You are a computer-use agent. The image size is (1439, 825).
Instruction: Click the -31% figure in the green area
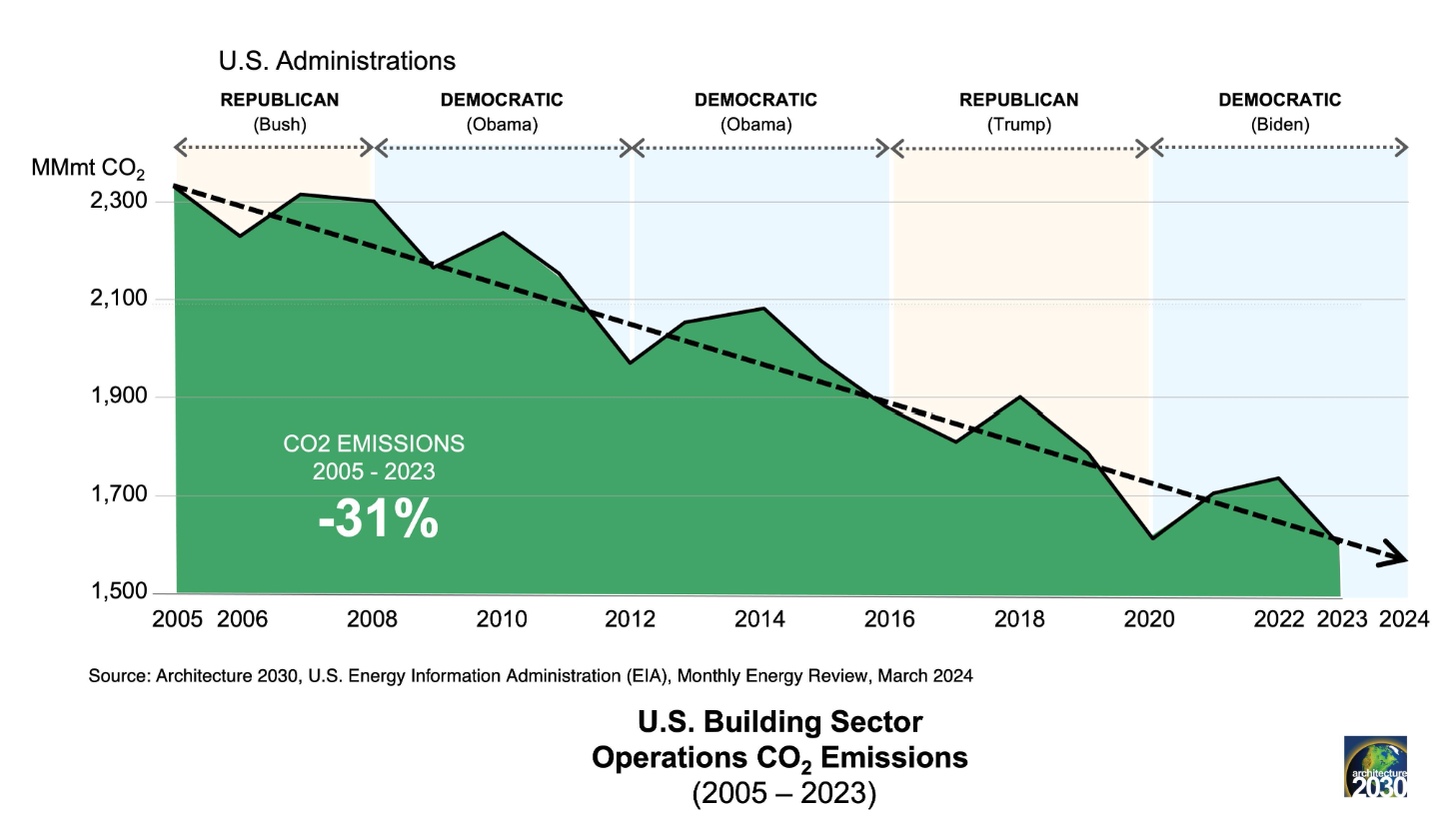(379, 518)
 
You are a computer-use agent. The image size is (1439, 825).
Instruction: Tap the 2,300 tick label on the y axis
(119, 201)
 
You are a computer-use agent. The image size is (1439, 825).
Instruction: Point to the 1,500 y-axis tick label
(119, 591)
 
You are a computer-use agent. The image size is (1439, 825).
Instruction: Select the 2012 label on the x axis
(631, 619)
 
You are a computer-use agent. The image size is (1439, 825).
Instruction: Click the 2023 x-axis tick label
(1342, 619)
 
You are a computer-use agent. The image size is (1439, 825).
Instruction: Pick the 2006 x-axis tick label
(242, 619)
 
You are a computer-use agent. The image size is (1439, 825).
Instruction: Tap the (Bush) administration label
(280, 124)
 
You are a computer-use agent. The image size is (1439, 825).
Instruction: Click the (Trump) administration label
(1019, 124)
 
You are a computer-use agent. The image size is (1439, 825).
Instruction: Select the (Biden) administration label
(1280, 124)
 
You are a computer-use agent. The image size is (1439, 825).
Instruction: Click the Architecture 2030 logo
(1375, 767)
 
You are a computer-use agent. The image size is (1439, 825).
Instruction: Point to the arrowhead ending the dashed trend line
(1394, 555)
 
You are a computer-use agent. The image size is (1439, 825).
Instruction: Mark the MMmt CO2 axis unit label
(88, 169)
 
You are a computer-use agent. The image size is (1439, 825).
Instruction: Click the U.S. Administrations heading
(337, 61)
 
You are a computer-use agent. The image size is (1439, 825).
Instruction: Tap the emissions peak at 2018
(1020, 397)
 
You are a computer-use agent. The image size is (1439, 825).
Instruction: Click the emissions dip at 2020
(1153, 538)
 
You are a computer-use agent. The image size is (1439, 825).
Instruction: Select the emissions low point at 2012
(631, 364)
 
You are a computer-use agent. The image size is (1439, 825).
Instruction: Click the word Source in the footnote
(119, 676)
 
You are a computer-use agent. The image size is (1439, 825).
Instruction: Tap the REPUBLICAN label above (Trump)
(1019, 100)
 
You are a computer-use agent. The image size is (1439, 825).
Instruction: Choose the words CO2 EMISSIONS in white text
(374, 443)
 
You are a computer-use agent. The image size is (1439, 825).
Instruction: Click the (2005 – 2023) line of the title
(784, 793)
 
